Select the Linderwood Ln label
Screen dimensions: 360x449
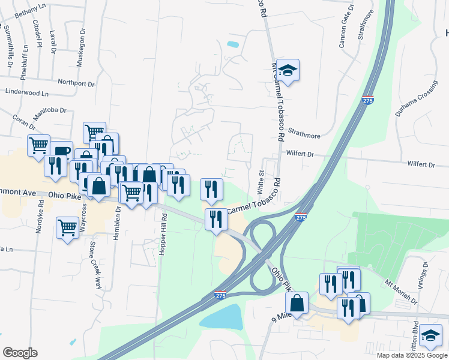click(26, 93)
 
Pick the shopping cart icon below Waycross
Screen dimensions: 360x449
click(68, 227)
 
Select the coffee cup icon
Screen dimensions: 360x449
click(61, 151)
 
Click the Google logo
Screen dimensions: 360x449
click(20, 353)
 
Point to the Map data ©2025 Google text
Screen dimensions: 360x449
click(411, 355)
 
